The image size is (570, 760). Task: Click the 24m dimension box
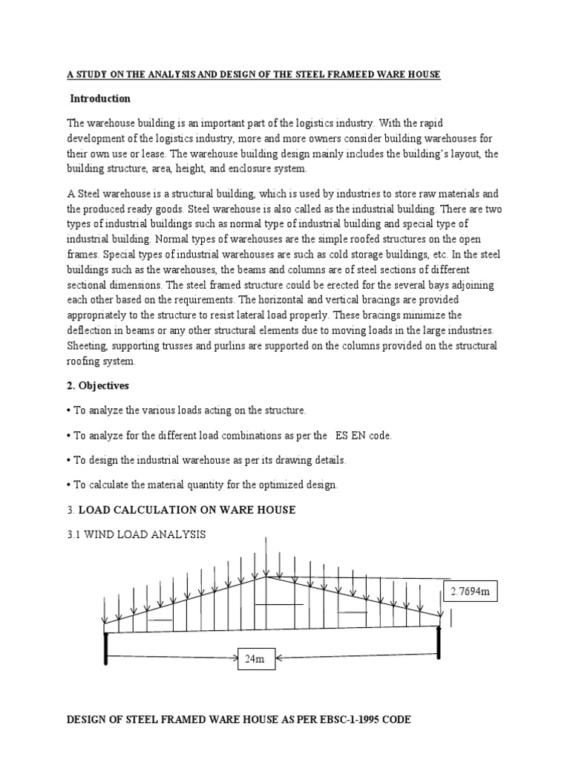pos(255,658)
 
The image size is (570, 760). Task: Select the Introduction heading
pos(100,99)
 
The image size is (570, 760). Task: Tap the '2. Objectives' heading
pos(98,386)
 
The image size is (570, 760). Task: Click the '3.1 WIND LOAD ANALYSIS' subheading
pos(137,534)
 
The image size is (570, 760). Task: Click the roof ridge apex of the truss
pos(267,577)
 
